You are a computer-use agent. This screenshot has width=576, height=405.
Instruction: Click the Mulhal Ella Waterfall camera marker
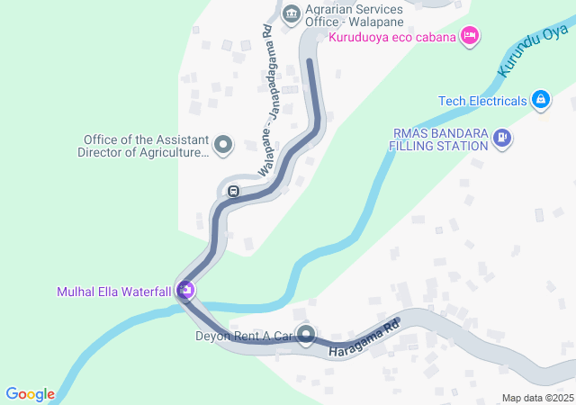[x=186, y=290]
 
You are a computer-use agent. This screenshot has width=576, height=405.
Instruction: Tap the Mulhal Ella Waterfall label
[x=114, y=291]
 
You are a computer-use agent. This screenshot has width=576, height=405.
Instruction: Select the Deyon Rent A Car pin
[x=307, y=336]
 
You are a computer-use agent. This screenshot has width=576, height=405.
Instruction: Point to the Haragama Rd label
[x=364, y=337]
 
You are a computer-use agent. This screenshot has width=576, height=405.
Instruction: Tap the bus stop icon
[x=233, y=191]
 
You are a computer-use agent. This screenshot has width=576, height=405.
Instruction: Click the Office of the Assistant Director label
[x=146, y=146]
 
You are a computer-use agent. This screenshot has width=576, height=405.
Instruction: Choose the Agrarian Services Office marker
[x=291, y=13]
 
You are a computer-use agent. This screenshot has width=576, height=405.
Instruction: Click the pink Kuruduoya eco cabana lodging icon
[x=469, y=36]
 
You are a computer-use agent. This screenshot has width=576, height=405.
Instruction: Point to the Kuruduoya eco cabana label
[x=391, y=37]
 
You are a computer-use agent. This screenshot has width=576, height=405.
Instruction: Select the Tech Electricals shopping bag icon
[x=541, y=100]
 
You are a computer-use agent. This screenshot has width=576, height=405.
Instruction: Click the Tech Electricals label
[x=482, y=101]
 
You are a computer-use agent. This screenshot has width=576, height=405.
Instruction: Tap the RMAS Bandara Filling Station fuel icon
[x=501, y=139]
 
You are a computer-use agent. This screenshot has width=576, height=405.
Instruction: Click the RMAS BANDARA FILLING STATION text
[x=440, y=139]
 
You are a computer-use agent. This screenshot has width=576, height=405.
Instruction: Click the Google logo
[x=30, y=393]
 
